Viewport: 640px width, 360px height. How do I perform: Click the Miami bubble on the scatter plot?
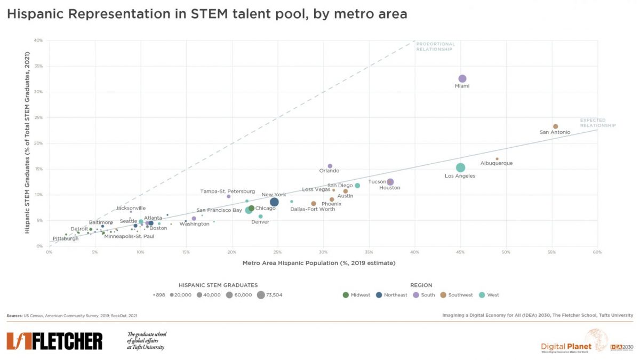click(x=462, y=79)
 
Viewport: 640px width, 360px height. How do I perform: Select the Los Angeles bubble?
click(x=460, y=167)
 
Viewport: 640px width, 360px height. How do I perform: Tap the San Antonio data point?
click(x=555, y=126)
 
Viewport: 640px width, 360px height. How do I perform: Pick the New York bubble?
click(x=274, y=202)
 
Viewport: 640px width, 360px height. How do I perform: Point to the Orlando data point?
click(x=330, y=166)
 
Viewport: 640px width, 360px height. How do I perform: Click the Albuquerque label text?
click(x=496, y=163)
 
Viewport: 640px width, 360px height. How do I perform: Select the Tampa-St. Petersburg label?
click(x=227, y=191)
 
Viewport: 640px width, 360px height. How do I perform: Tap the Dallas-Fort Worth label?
click(x=313, y=209)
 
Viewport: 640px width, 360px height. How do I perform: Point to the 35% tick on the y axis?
click(x=38, y=66)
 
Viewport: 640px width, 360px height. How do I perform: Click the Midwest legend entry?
click(x=357, y=295)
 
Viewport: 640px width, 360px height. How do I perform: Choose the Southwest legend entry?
click(x=457, y=295)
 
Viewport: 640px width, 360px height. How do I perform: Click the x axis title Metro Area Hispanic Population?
click(x=319, y=262)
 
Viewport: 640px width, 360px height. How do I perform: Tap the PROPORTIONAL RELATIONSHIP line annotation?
click(x=435, y=46)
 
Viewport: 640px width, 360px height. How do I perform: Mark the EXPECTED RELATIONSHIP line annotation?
click(x=597, y=123)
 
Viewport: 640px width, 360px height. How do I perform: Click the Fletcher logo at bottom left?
click(x=54, y=341)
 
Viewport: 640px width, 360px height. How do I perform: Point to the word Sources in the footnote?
click(x=14, y=316)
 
